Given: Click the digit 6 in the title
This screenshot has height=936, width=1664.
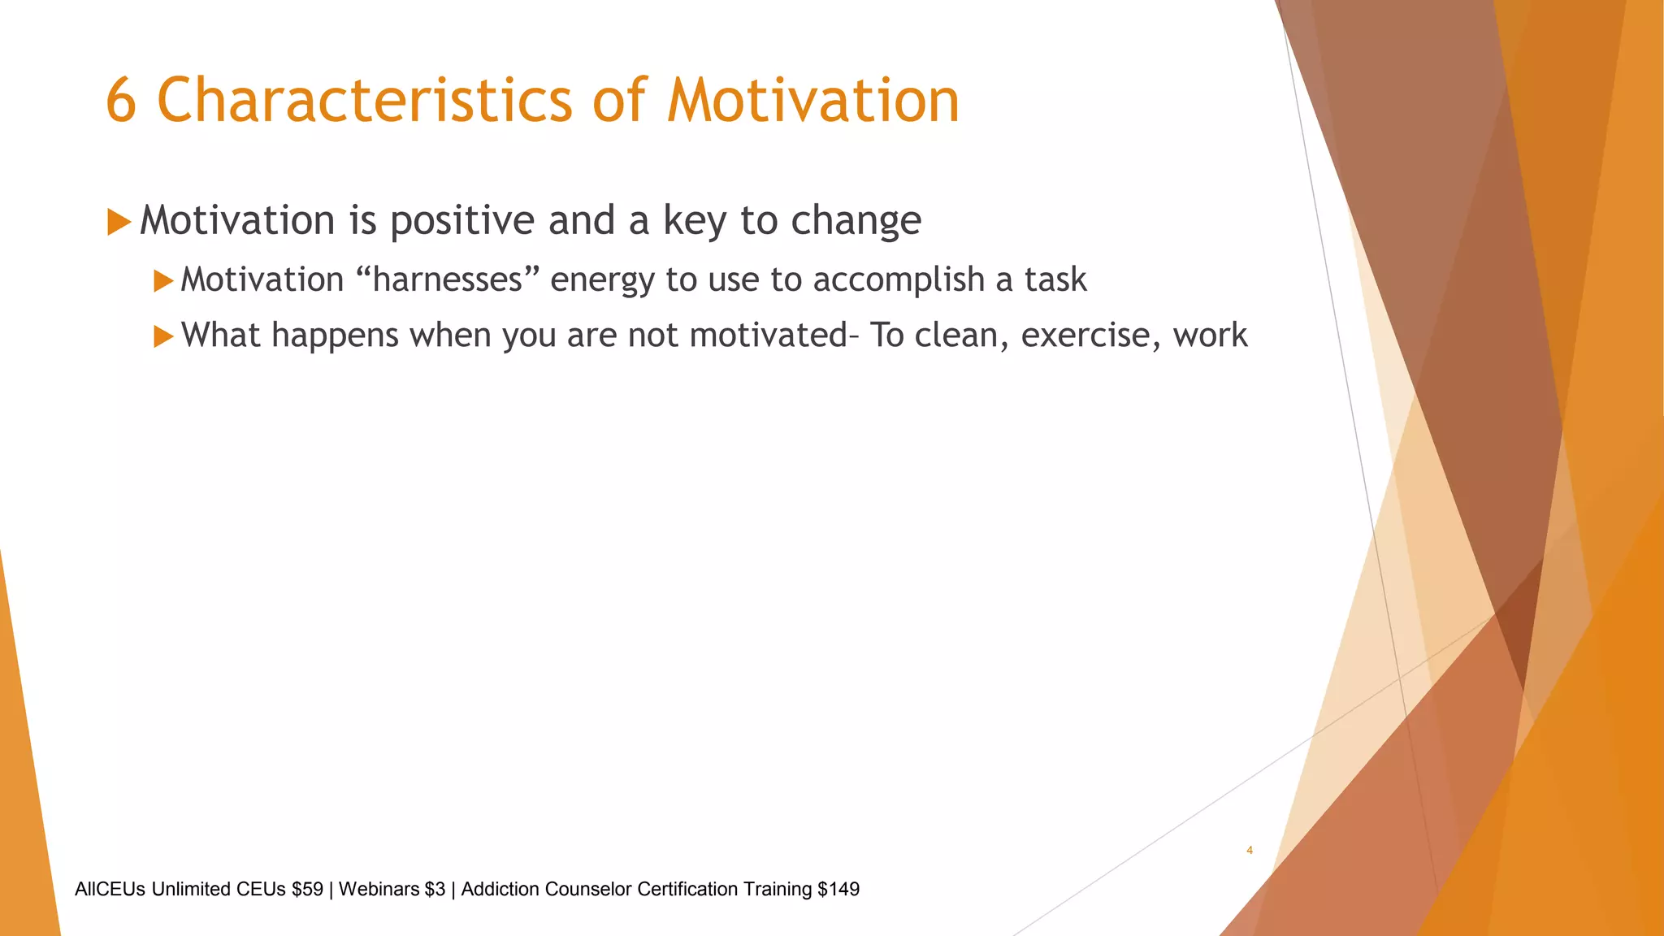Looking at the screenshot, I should point(121,101).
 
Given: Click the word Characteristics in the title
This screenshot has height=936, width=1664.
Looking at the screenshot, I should point(364,101).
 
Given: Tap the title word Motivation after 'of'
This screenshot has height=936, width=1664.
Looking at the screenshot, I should point(812,101).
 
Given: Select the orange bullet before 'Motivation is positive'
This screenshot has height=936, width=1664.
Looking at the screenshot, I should point(119,221).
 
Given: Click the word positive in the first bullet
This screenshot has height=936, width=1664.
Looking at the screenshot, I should point(461,221).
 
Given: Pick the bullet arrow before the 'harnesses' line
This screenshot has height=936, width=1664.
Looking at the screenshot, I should point(163,281).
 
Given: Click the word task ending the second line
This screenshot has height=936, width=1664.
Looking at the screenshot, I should point(1055,279).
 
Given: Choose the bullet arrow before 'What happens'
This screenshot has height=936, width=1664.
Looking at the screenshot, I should point(163,336).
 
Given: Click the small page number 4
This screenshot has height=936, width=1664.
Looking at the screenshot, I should point(1249,850).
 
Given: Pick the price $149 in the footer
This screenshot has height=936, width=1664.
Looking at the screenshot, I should point(838,890).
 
